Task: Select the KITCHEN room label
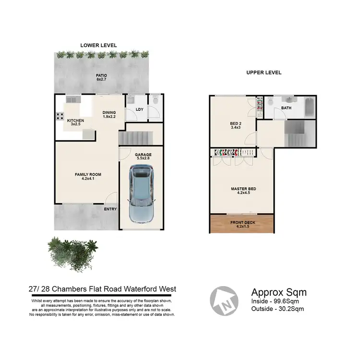[75, 120]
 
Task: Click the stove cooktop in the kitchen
[61, 116]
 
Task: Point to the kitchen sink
[73, 99]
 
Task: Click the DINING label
[109, 113]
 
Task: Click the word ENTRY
[110, 209]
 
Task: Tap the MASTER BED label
[243, 189]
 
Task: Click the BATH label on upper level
[287, 108]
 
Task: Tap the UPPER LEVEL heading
[264, 73]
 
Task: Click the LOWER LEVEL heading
[98, 45]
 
